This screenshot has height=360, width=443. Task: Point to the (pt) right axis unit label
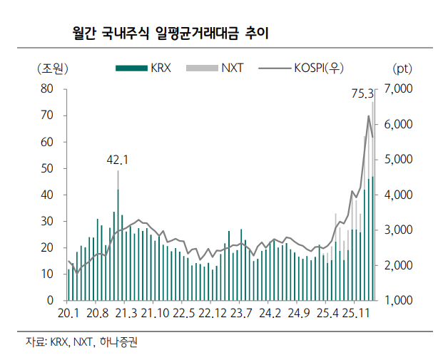[402, 68]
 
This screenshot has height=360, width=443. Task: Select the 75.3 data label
[363, 93]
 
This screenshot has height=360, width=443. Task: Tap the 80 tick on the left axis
[49, 89]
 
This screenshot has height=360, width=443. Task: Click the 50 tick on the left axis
[49, 168]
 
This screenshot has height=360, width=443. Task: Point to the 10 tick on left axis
[49, 274]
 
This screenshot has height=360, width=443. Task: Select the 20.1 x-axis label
[68, 314]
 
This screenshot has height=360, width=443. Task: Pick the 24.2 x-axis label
[270, 314]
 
